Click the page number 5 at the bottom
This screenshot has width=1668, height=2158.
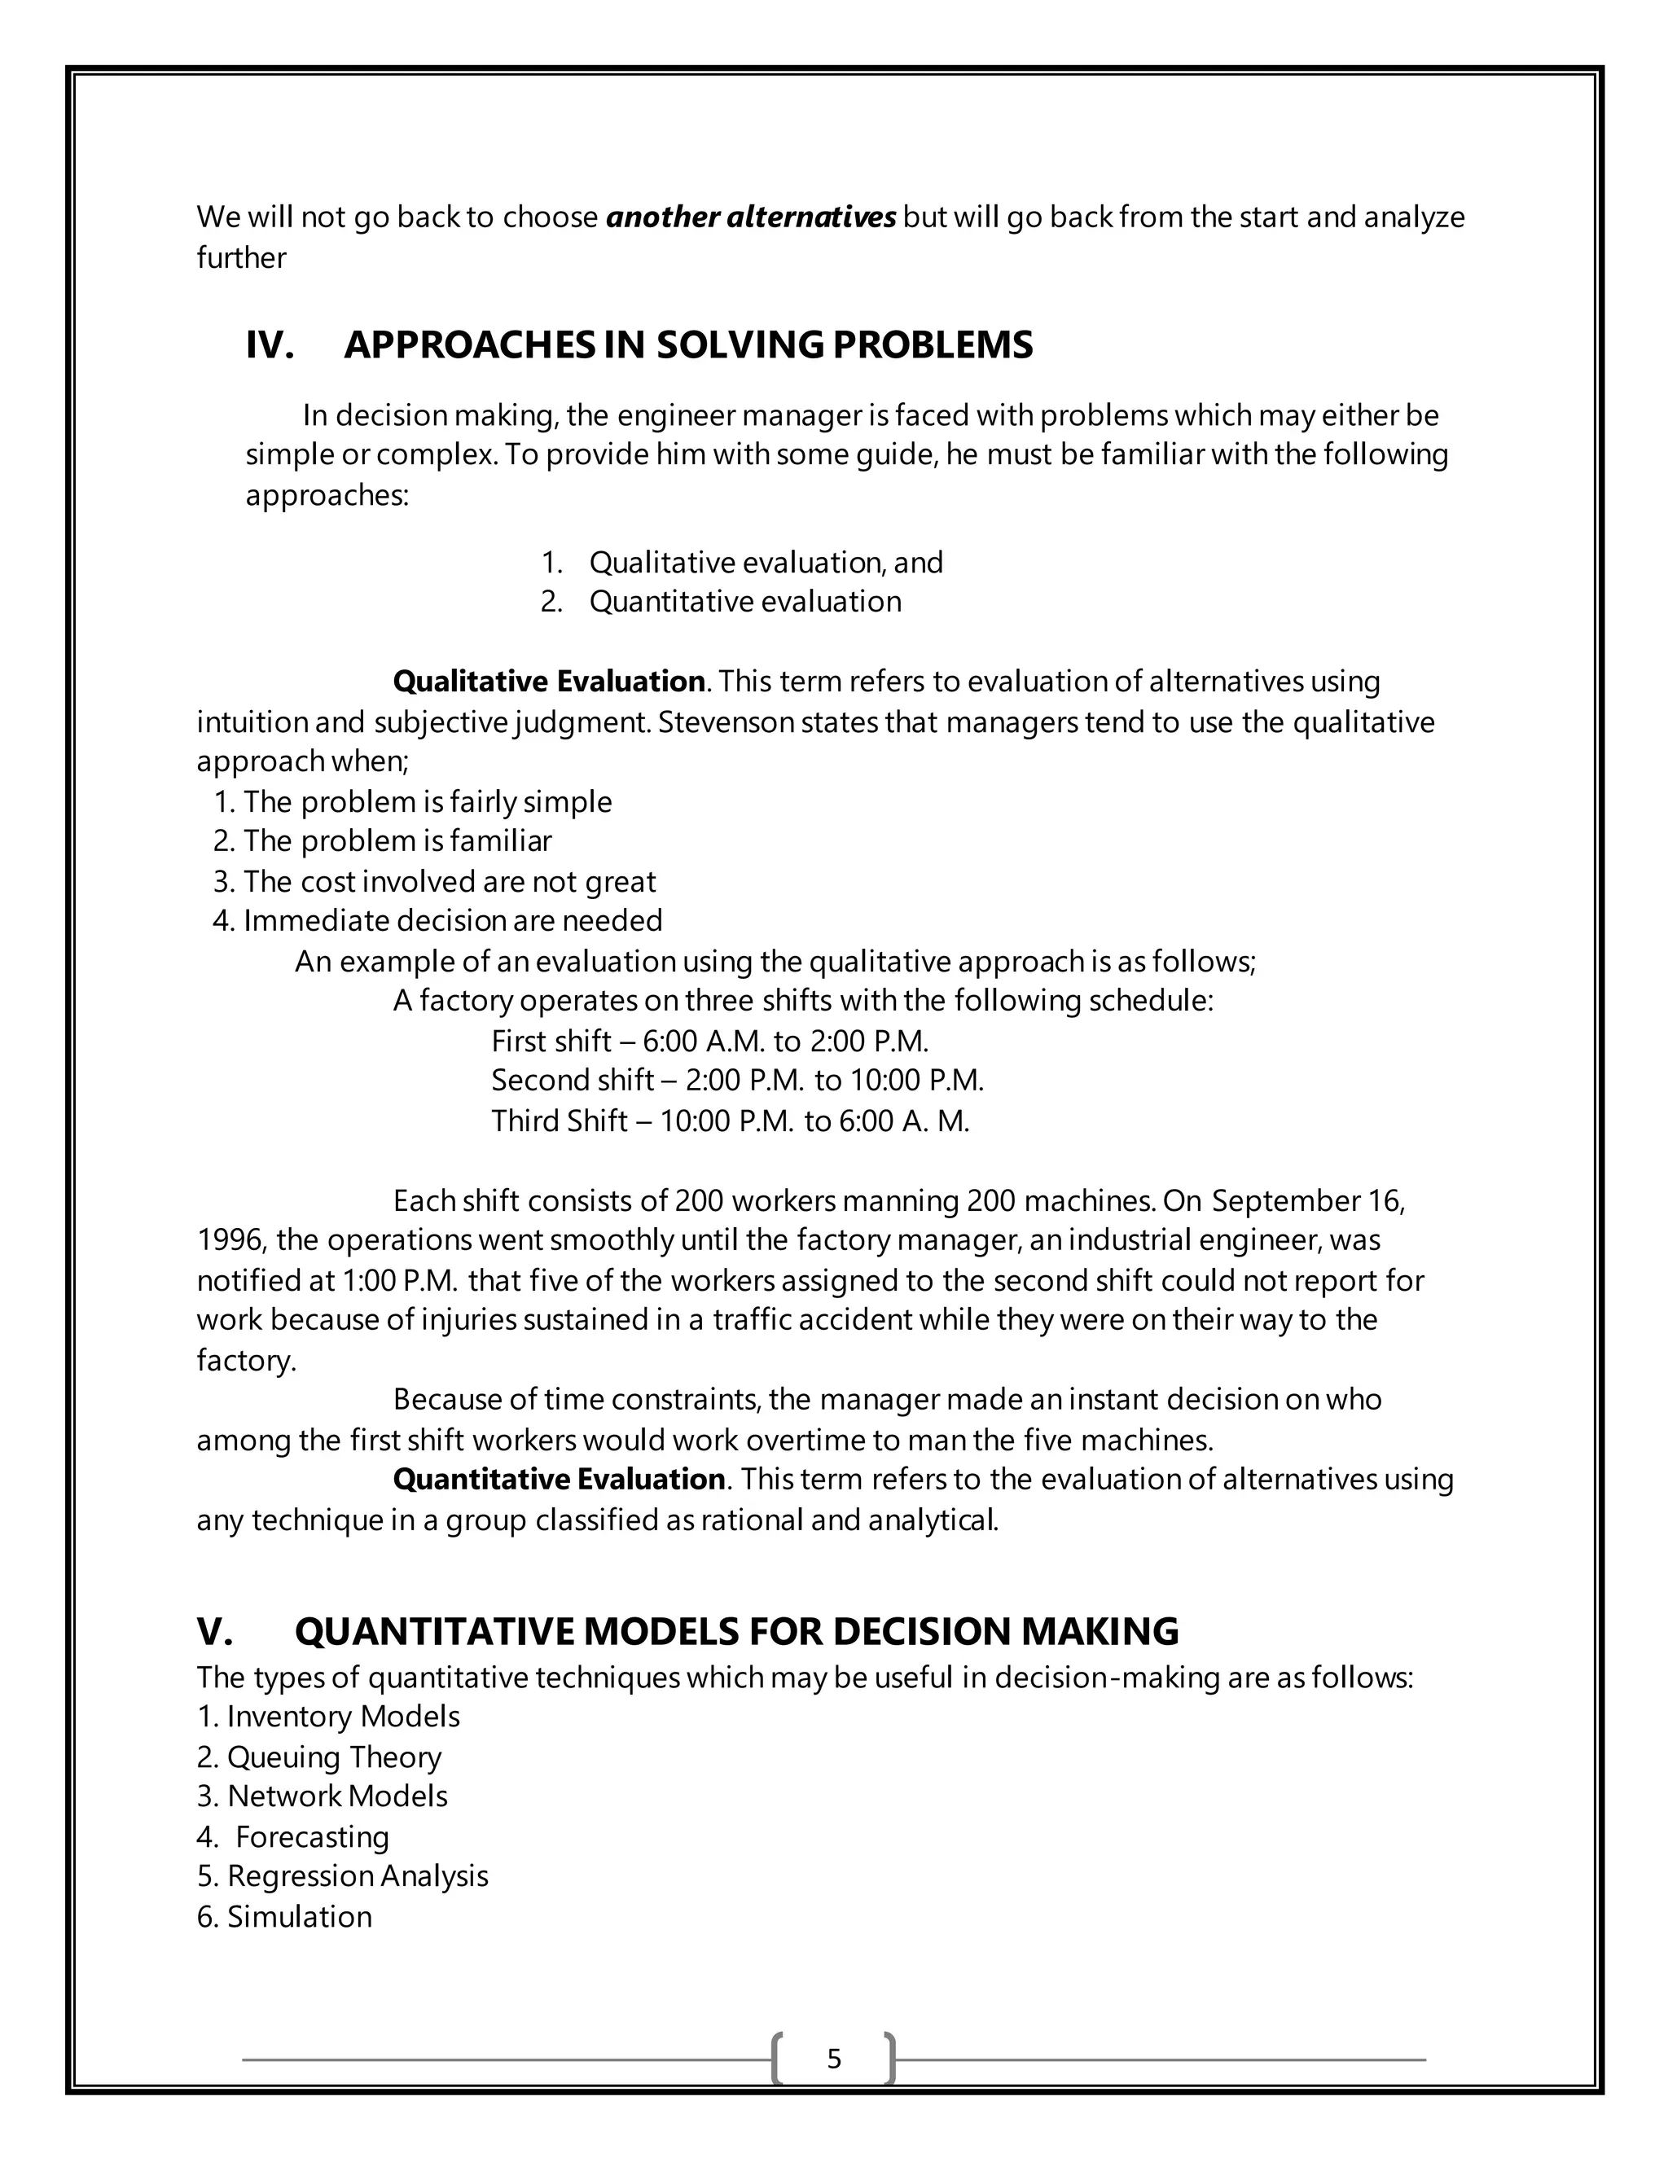tap(834, 2059)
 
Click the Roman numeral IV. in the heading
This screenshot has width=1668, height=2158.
tap(270, 344)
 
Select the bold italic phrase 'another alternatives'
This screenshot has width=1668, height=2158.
tap(751, 217)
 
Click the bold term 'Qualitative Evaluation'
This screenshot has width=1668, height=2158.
tap(548, 682)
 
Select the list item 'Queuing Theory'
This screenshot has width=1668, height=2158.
tap(334, 1757)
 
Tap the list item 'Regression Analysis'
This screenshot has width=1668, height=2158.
tap(358, 1875)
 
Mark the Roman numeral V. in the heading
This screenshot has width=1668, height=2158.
tap(215, 1631)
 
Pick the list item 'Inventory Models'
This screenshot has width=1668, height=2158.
tap(343, 1717)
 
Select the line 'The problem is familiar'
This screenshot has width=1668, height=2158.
tap(397, 841)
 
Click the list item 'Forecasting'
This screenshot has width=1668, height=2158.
tap(312, 1836)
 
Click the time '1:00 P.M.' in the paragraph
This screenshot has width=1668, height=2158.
tap(399, 1281)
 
